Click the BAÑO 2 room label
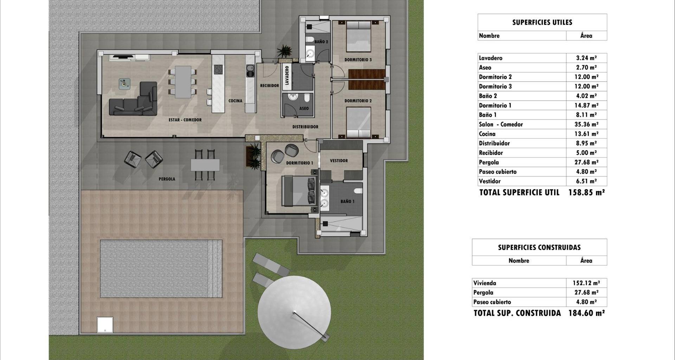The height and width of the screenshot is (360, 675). coord(321,42)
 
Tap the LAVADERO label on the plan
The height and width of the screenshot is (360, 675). coord(287,75)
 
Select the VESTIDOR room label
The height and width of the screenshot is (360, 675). coord(339,161)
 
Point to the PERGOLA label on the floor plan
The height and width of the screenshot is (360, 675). coord(167,179)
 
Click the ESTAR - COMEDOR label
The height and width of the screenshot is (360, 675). coord(185,120)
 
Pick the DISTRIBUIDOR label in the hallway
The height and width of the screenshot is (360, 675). coord(305,127)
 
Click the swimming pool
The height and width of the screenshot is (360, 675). coord(161,269)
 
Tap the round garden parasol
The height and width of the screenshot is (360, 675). coord(294,313)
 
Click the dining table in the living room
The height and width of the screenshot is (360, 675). coord(183,82)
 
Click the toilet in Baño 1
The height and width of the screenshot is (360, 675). coord(358,191)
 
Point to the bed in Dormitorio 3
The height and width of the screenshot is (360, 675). coord(359,36)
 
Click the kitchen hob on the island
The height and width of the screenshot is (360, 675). coord(218,69)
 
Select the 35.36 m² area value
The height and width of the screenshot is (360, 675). coord(586,124)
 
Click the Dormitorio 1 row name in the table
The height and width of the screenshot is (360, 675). coord(495,105)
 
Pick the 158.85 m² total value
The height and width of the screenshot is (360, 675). coord(586,192)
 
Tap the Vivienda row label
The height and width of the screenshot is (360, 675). coord(484,283)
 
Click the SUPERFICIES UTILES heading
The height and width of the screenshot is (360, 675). coord(542,22)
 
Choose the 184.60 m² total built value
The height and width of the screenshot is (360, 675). coord(586,313)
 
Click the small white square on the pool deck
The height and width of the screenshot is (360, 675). coord(105,324)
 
